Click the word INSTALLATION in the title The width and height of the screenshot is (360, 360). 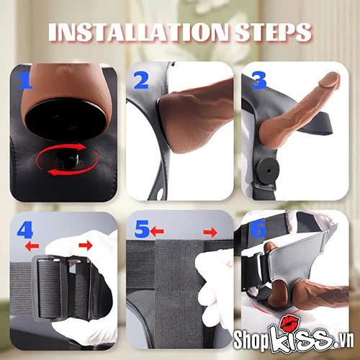139,32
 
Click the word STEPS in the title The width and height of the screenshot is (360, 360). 272,32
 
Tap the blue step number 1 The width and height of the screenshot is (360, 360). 24,81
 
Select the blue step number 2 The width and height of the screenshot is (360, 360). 141,81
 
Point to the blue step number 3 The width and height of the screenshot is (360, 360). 258,81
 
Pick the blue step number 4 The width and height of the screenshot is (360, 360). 24,230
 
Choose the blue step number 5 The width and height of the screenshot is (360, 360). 142,229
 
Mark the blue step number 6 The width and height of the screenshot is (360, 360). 258,229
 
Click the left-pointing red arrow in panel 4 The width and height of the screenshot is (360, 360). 32,246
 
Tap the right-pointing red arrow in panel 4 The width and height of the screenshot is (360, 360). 86,246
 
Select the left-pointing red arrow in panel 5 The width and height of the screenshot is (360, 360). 157,232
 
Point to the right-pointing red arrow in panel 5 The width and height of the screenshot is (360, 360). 210,233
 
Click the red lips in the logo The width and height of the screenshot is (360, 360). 290,323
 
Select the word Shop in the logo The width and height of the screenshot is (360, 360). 251,340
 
